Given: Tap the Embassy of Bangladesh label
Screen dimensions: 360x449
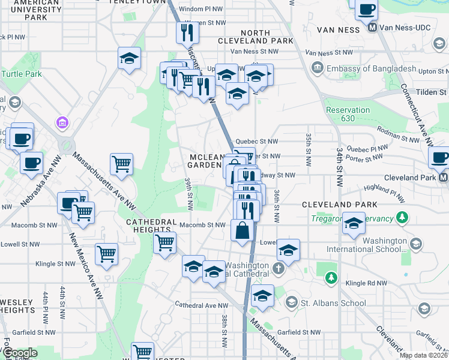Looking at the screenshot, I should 370,68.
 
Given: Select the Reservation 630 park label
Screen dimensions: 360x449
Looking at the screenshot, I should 348,114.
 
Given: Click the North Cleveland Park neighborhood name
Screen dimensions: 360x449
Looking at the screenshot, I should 267,37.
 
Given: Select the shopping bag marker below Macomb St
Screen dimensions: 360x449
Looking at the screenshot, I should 242,230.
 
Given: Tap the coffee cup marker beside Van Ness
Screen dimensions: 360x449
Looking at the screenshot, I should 366,10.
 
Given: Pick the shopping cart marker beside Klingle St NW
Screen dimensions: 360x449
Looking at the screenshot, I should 106,253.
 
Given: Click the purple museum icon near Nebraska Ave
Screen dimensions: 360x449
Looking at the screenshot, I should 60,123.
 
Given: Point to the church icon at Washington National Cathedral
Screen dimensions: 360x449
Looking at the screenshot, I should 278,268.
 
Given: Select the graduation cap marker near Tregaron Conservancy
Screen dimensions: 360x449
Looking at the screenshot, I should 354,223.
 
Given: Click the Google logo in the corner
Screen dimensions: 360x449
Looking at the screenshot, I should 20,353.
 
